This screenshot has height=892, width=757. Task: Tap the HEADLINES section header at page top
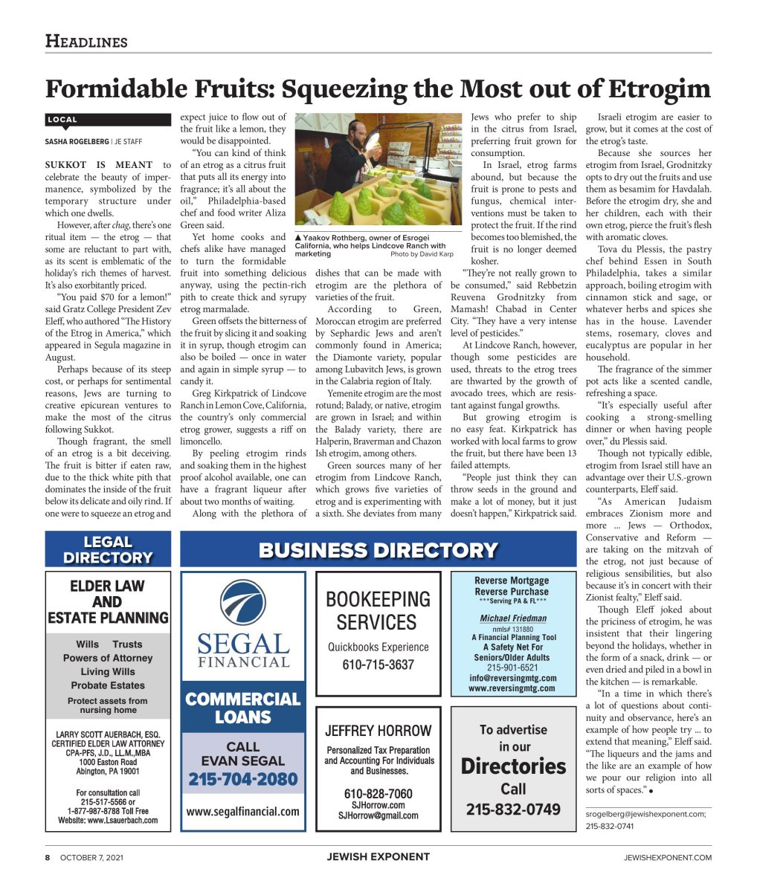click(x=86, y=42)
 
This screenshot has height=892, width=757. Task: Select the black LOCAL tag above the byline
click(x=62, y=120)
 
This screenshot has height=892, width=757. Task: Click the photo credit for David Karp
click(x=422, y=254)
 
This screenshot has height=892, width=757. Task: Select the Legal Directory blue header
click(x=108, y=550)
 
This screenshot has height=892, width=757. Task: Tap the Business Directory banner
click(x=378, y=551)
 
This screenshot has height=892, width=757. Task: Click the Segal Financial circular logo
click(x=243, y=606)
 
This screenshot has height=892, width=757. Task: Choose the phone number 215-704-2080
click(x=242, y=780)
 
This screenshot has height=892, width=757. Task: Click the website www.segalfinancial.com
click(x=242, y=812)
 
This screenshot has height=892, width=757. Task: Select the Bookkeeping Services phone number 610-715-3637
click(x=378, y=665)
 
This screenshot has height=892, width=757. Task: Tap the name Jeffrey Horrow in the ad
click(x=378, y=730)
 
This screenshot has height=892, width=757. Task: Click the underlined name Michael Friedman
click(x=513, y=618)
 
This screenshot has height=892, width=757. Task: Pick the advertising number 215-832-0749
click(x=513, y=809)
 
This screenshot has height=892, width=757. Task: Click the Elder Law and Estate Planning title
click(x=108, y=601)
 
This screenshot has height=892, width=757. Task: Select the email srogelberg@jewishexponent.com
click(x=645, y=814)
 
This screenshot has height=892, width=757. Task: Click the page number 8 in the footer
click(x=47, y=857)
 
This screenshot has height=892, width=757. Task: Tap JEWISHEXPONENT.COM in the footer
click(x=667, y=857)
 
